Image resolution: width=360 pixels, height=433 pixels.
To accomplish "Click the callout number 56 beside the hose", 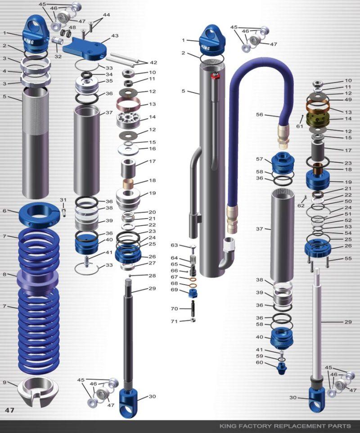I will (260, 115).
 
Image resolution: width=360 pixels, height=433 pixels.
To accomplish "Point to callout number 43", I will (115, 36).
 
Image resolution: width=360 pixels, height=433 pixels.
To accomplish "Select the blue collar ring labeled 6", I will (39, 215).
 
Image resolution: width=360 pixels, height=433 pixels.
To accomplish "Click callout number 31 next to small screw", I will (63, 200).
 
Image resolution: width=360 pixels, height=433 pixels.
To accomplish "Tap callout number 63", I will (175, 245).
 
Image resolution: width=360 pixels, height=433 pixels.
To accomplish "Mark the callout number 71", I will (175, 321).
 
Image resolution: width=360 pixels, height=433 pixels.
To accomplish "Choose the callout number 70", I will (175, 308).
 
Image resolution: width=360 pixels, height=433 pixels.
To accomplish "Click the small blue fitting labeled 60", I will (283, 370).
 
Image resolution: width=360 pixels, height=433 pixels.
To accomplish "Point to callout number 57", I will (260, 159).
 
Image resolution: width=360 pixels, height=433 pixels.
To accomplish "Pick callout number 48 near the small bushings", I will (72, 27).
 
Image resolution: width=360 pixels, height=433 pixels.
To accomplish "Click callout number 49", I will (348, 100).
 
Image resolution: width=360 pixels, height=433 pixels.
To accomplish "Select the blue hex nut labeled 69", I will (193, 293).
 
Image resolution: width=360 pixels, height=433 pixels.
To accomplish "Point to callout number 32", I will (58, 57).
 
